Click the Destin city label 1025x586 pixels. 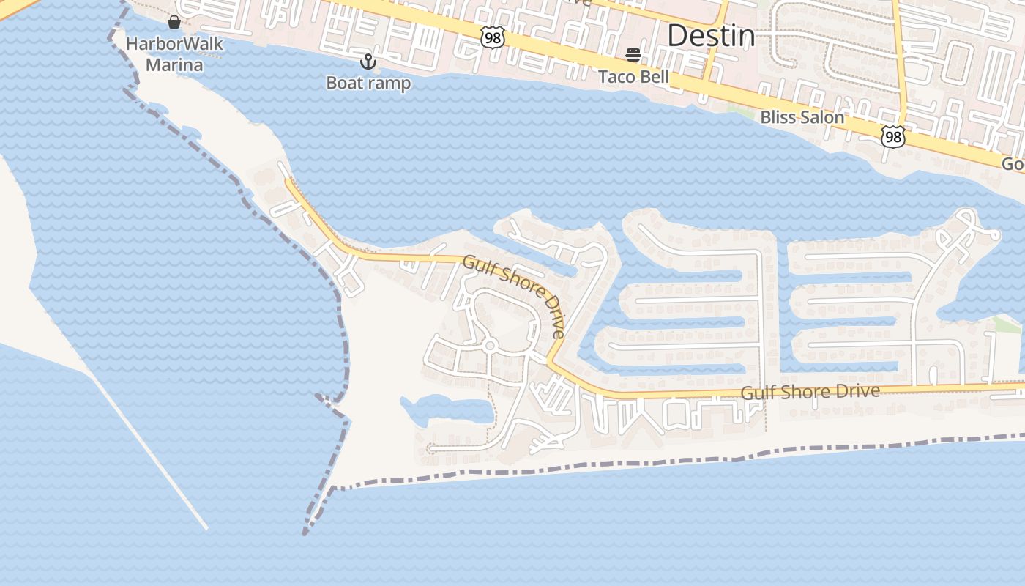(710, 35)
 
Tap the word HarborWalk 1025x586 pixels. (174, 44)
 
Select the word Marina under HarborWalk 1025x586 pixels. (174, 64)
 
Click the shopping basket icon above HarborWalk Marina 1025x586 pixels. (174, 22)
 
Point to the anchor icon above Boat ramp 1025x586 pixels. (368, 61)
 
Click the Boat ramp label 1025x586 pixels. (368, 83)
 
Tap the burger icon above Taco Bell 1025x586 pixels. (633, 55)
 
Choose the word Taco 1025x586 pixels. (615, 76)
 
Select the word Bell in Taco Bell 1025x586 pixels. (653, 76)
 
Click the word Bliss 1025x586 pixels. (778, 117)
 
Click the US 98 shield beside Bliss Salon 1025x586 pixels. (893, 136)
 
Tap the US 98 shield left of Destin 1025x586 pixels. (493, 37)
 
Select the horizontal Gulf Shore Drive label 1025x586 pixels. (810, 392)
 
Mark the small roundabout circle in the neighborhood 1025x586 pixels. (489, 345)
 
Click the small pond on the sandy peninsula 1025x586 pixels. (447, 410)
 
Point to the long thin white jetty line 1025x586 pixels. (146, 447)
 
